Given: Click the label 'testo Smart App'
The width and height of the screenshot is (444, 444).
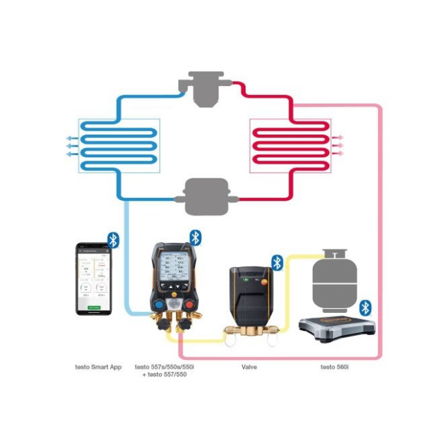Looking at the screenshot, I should point(98,366).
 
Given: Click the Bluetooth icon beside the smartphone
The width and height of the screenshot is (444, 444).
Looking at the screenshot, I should point(113,240).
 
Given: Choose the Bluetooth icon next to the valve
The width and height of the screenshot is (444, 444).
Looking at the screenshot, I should point(277,262).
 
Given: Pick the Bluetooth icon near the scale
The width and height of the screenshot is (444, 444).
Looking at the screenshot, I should point(365,307).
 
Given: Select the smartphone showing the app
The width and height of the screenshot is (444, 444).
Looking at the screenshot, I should point(94,278).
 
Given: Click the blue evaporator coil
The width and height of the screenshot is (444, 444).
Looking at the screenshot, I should point(119,144).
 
